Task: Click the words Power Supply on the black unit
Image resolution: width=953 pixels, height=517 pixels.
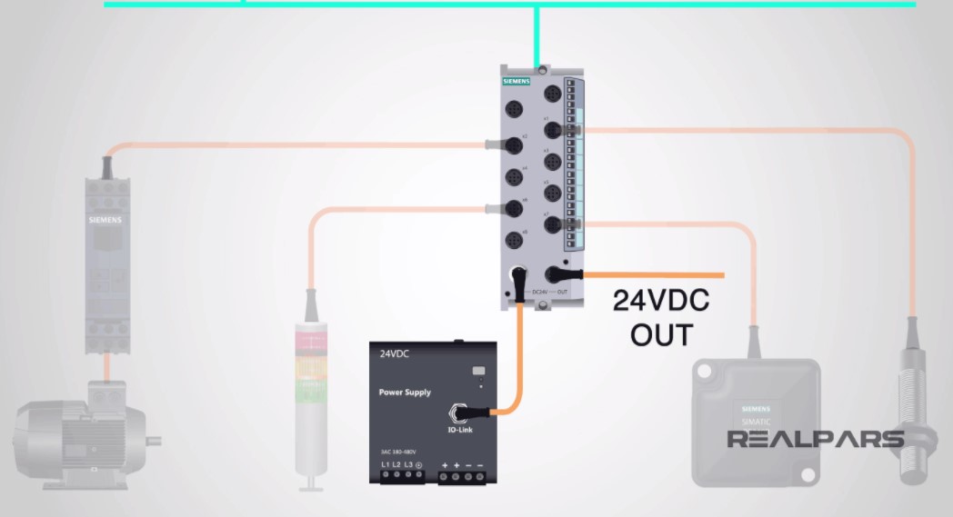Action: coord(405,393)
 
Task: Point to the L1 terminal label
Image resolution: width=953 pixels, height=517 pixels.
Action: coord(386,465)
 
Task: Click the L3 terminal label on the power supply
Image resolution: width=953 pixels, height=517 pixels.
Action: coord(408,465)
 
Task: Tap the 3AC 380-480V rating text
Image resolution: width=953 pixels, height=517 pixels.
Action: coord(398,452)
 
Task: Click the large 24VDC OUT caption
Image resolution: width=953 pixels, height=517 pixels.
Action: coord(661,317)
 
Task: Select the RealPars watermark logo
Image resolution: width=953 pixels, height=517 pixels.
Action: coord(815,440)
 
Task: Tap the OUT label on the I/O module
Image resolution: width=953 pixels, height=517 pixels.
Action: coord(563,292)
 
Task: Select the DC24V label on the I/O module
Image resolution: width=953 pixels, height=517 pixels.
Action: coord(539,292)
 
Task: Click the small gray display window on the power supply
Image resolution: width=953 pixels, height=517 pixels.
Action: coord(478,370)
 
